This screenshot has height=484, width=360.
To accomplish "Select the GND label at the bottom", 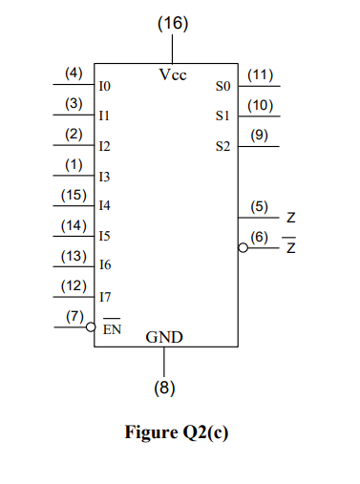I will point(164,338).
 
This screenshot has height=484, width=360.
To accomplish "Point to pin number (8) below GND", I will point(164,389).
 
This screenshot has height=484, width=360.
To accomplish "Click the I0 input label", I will point(105,87).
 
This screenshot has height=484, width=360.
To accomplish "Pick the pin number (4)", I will point(74,73).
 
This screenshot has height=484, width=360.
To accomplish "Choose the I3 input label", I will point(105,177).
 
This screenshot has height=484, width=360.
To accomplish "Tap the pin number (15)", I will point(74,195).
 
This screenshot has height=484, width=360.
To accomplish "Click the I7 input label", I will point(105,297).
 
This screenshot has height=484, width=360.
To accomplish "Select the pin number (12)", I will point(74,285).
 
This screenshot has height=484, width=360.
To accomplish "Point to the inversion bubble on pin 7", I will point(91,326).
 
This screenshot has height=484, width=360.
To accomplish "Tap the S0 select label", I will point(223,87).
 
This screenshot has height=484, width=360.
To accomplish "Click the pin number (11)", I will point(261,74).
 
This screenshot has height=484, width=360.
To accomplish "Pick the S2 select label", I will point(223,147).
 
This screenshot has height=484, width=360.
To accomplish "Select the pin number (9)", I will point(259,135).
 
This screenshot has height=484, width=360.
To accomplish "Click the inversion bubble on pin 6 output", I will point(243,246).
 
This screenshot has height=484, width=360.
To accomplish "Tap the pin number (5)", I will point(259,205).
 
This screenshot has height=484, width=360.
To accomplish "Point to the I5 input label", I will point(105,236).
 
